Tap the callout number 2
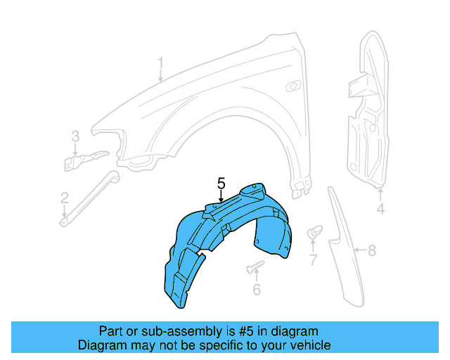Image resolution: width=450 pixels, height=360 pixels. [64, 198]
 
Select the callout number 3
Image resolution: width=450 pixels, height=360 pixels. [75, 136]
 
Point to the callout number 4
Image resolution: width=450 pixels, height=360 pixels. [380, 209]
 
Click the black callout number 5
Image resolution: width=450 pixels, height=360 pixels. [221, 184]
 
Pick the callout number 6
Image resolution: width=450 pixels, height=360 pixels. [257, 289]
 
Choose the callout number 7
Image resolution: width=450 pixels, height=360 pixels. [313, 261]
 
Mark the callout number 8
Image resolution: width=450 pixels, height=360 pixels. [373, 250]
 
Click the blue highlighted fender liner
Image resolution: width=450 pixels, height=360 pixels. [211, 239]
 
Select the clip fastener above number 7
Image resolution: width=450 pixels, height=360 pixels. [314, 232]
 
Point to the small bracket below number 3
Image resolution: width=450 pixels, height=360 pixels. [79, 161]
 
